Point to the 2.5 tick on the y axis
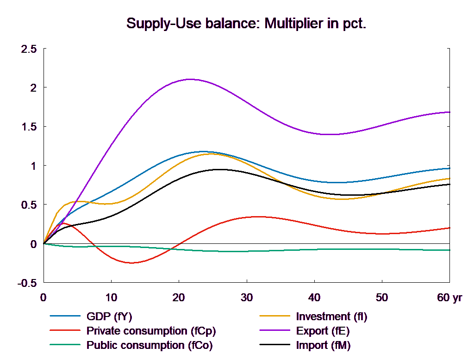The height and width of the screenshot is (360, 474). click(x=28, y=49)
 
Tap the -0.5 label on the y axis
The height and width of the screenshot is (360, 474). click(x=27, y=283)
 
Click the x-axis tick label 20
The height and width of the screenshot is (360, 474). click(x=179, y=298)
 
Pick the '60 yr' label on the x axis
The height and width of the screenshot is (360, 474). click(x=449, y=298)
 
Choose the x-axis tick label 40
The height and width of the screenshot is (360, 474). click(x=314, y=298)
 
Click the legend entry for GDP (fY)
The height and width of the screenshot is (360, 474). click(x=109, y=317)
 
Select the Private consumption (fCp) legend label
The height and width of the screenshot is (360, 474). click(x=151, y=331)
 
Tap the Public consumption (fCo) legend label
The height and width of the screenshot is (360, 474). click(x=149, y=345)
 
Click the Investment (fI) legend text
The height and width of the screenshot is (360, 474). click(x=331, y=317)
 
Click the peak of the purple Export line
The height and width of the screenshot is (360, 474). click(x=190, y=79)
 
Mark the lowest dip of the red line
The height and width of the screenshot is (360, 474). click(x=131, y=263)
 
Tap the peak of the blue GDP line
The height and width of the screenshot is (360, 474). click(x=203, y=151)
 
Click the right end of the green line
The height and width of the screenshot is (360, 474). click(x=450, y=250)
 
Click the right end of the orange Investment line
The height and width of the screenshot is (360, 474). click(x=450, y=178)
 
